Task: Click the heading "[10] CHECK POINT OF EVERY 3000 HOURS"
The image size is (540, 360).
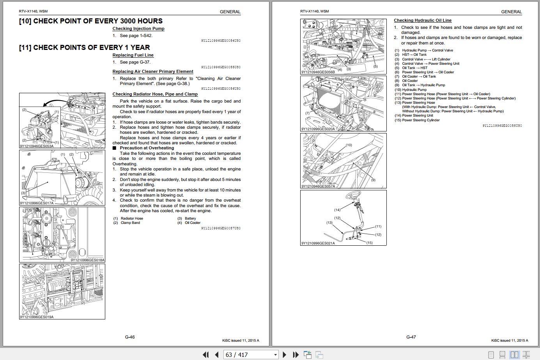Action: tap(90, 21)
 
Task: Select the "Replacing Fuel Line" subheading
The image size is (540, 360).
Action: tap(133, 55)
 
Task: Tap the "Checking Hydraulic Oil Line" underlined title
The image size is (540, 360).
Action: tap(423, 20)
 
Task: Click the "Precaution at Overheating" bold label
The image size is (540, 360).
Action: tap(147, 148)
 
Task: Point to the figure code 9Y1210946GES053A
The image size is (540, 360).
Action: tap(37, 146)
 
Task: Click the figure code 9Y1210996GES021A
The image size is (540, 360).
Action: tap(318, 243)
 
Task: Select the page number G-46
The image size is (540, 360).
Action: tap(130, 337)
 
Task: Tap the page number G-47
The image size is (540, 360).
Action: tap(411, 337)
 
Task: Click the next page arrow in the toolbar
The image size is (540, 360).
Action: tap(284, 355)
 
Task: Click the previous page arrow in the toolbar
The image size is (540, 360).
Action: tap(217, 355)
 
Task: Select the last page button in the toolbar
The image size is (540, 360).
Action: tap(296, 355)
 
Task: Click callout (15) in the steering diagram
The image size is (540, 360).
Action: tap(369, 243)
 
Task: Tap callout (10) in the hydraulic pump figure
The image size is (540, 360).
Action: tap(349, 145)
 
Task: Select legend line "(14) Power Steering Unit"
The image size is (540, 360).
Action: tap(414, 115)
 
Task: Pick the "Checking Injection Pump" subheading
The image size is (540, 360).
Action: tap(138, 29)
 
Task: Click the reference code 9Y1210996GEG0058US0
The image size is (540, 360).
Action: tap(502, 126)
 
